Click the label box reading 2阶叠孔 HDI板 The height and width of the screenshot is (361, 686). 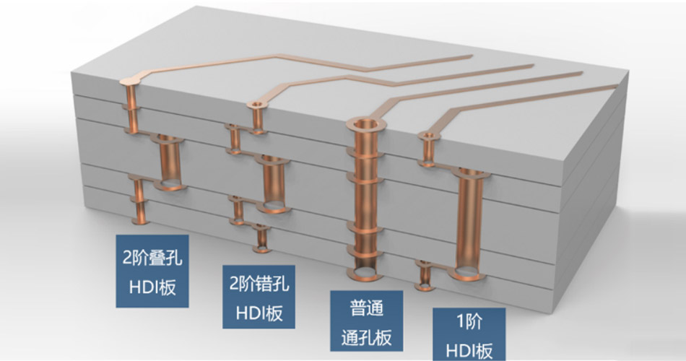tap(152, 271)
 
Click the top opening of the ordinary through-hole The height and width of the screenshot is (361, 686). tap(367, 123)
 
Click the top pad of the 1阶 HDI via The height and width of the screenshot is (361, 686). tap(431, 135)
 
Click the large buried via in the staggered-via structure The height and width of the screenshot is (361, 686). tap(274, 184)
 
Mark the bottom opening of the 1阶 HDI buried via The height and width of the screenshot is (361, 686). tap(468, 272)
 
